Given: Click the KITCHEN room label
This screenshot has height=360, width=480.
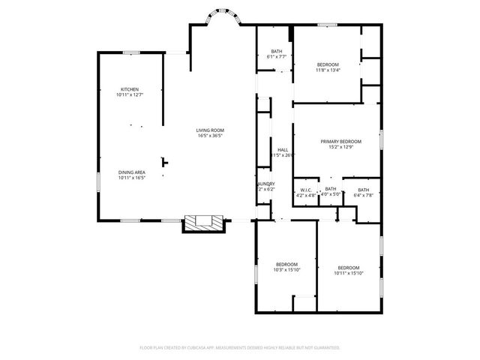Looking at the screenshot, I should (129, 89).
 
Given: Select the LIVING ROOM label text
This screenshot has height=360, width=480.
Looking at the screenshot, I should (211, 130).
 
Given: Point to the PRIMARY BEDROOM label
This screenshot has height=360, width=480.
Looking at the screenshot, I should (341, 142).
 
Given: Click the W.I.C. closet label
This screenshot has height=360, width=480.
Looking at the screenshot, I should (306, 190).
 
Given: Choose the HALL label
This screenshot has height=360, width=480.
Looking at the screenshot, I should (283, 150).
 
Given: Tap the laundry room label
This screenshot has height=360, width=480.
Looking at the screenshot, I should (266, 184).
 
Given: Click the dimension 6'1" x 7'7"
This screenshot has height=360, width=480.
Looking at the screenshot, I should (276, 57).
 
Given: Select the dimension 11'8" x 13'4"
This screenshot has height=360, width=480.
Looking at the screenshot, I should (328, 70).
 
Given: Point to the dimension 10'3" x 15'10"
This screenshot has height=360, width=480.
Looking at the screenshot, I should (286, 270).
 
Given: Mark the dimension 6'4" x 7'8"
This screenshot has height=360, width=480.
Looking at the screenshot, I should (363, 194).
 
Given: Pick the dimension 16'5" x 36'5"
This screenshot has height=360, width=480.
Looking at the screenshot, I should (211, 136).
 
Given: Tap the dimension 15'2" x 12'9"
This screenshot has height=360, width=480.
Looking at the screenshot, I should (341, 148).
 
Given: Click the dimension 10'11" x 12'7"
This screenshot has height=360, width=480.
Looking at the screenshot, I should (129, 95).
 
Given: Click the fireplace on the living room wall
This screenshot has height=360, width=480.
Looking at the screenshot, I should (204, 223).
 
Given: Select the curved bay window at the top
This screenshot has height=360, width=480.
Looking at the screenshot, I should (223, 15).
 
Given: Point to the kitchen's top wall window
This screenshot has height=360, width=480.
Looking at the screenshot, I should (132, 52).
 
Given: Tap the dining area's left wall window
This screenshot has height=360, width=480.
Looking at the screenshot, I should (97, 182).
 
